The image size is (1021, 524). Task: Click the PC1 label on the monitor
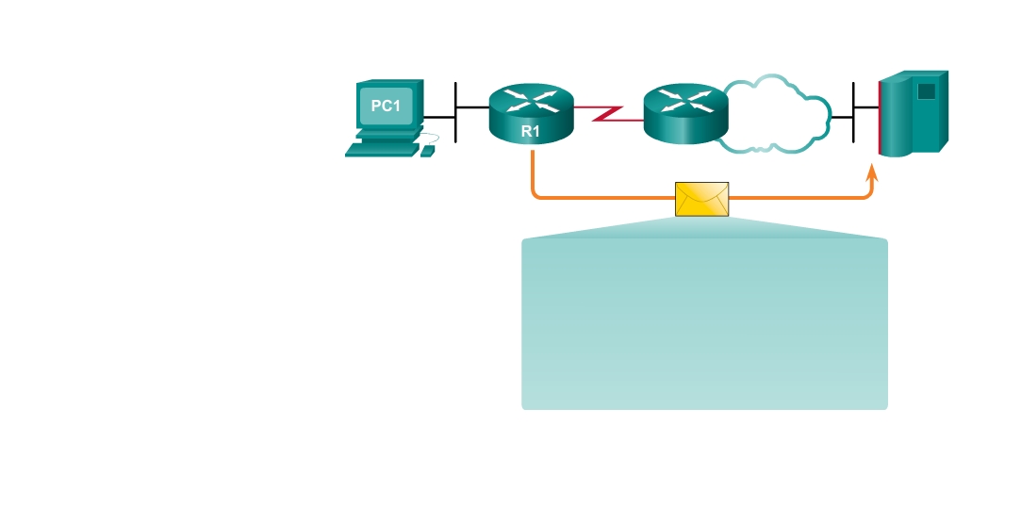point(386,106)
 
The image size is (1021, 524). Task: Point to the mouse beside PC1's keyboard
point(427,151)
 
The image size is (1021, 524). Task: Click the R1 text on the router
point(531,132)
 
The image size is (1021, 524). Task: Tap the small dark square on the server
point(926,91)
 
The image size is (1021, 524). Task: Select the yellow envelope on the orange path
point(702,199)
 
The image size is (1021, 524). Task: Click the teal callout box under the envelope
point(704,323)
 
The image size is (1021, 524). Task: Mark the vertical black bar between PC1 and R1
point(456,113)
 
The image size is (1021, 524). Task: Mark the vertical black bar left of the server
point(854,113)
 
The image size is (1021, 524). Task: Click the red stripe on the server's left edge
point(880,119)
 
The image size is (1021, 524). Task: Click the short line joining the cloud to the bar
point(842,117)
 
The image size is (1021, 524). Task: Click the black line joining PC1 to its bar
point(440,117)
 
